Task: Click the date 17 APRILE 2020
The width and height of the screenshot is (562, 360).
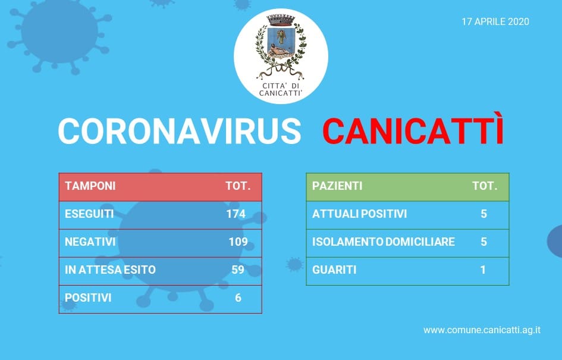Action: [495, 21]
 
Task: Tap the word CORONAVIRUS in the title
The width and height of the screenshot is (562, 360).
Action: [180, 131]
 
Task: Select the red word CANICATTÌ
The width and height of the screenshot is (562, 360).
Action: [413, 128]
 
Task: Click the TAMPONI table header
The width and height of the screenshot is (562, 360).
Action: [90, 186]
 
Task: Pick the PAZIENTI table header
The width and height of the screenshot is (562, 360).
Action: [337, 186]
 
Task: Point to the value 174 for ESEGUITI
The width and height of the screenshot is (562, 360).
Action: [236, 214]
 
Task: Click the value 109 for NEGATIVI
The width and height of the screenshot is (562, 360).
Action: [238, 242]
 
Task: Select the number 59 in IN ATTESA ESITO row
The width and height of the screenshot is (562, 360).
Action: [238, 270]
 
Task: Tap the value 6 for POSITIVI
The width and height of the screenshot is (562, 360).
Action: [238, 298]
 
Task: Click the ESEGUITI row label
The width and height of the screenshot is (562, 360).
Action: [89, 214]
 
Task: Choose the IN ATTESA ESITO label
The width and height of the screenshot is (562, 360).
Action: [111, 270]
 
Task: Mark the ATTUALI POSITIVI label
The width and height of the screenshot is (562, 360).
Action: [359, 214]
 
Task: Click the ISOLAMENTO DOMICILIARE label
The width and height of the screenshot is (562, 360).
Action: [384, 242]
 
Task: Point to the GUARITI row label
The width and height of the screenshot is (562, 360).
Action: [334, 270]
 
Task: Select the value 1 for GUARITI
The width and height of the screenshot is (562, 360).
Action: [483, 270]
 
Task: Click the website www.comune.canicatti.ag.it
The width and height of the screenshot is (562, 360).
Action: [482, 330]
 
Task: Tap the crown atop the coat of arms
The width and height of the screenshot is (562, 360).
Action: [281, 20]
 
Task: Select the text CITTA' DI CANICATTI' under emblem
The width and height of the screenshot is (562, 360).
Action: [281, 90]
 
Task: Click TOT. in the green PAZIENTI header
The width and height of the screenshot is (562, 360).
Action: [485, 186]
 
